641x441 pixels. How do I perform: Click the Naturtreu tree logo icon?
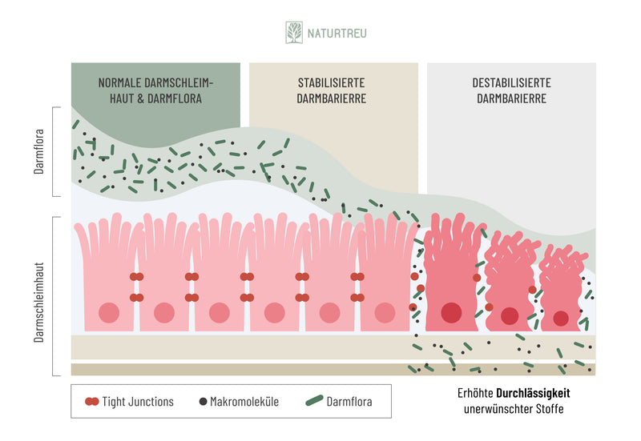pyautogui.click(x=294, y=33)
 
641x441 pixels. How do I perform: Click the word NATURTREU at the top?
pyautogui.click(x=337, y=34)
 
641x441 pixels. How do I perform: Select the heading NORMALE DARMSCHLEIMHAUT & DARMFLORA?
pyautogui.click(x=156, y=90)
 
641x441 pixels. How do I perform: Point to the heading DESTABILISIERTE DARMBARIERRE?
pyautogui.click(x=511, y=90)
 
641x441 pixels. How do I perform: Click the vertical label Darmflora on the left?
pyautogui.click(x=38, y=151)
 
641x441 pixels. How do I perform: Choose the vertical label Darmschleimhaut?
pyautogui.click(x=38, y=295)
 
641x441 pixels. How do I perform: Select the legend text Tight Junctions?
pyautogui.click(x=138, y=402)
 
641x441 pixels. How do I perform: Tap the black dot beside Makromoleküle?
pyautogui.click(x=202, y=402)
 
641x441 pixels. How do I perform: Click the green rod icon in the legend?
pyautogui.click(x=313, y=401)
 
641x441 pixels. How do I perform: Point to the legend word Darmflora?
pyautogui.click(x=349, y=402)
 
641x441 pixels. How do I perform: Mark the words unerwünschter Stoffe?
pyautogui.click(x=513, y=410)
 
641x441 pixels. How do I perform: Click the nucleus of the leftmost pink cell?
pyautogui.click(x=109, y=313)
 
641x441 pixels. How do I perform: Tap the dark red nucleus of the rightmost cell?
pyautogui.click(x=561, y=319)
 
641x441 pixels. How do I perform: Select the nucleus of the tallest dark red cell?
pyautogui.click(x=451, y=312)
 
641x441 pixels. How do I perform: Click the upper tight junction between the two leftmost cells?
pyautogui.click(x=137, y=277)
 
